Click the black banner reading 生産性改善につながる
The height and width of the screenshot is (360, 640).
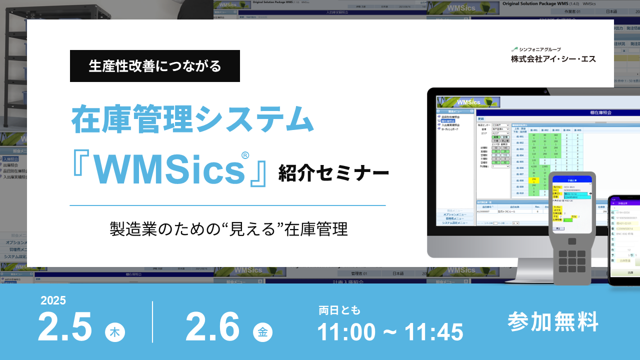coord(155,66)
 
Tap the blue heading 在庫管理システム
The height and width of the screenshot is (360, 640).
coord(192,120)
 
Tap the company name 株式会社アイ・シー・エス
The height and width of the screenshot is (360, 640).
coord(553,59)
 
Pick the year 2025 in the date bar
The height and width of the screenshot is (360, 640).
coord(53,300)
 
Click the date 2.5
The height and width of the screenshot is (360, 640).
coord(65,327)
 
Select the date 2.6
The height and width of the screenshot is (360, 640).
coord(212,327)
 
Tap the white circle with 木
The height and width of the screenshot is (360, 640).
coord(115,332)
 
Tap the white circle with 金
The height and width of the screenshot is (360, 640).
coord(262,332)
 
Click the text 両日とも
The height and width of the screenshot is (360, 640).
coord(339,310)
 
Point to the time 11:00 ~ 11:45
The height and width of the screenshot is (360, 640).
coord(390,331)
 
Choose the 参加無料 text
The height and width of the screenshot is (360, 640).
coord(553,321)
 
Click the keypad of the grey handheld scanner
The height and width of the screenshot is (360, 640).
coord(571,260)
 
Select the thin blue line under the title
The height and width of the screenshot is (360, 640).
coord(227,205)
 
